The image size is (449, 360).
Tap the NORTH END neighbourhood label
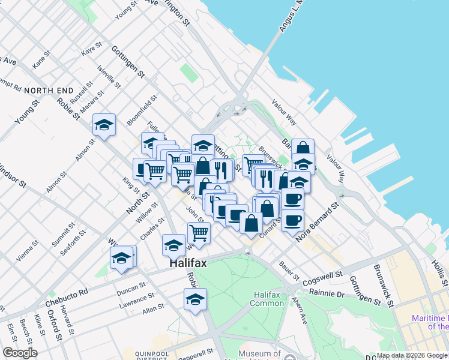[x=49, y=91]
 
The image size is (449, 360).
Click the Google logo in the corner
[x=20, y=353]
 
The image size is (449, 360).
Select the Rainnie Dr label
[x=327, y=293]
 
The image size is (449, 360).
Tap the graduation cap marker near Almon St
[x=104, y=125]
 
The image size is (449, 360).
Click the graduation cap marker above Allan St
[x=195, y=299]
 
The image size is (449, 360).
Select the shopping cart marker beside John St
[x=199, y=232]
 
